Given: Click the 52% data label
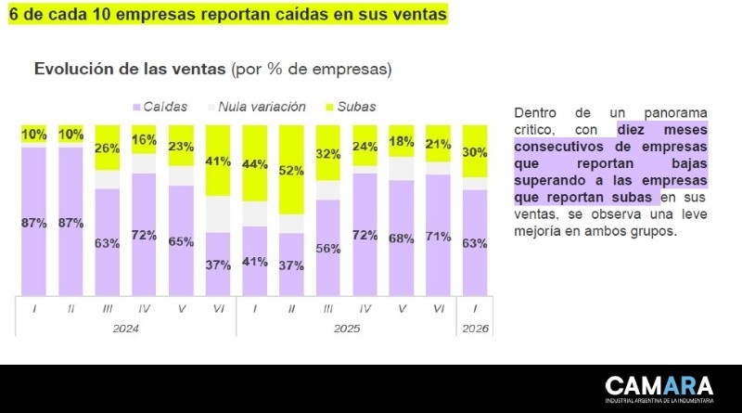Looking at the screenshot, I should point(290,170).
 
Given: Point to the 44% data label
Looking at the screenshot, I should point(254,163).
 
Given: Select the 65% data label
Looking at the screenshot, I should point(181,241).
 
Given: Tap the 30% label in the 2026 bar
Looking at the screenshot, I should point(475,152).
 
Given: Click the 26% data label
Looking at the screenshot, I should point(108,148).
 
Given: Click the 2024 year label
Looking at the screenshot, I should point(125,329).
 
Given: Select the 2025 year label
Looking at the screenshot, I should point(346,329).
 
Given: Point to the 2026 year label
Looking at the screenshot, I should point(475,329).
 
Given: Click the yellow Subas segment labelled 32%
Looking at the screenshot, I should point(327,153).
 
